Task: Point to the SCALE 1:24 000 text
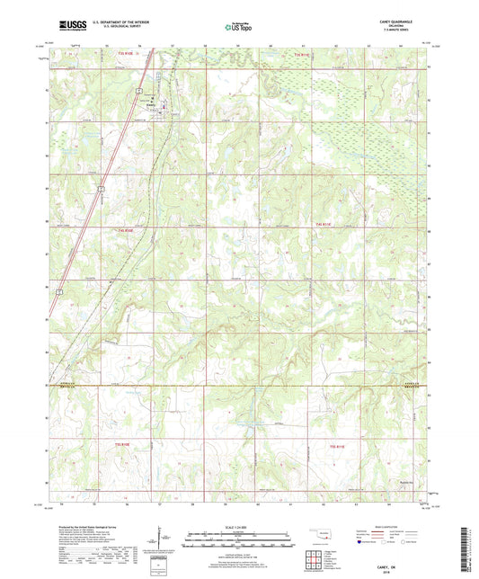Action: [x=239, y=527]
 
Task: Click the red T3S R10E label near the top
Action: [x=125, y=55]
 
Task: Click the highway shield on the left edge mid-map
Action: [x=58, y=291]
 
